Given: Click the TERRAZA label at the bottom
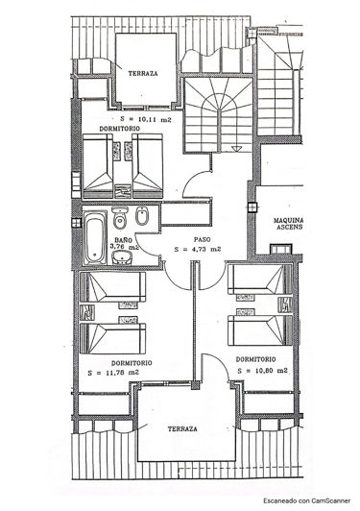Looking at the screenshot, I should [x=182, y=428].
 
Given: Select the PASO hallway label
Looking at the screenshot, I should [x=202, y=239].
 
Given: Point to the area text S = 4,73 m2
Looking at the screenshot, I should [x=198, y=249].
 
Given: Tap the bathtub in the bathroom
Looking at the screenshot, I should [x=94, y=238].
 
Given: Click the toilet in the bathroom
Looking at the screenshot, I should [x=120, y=219].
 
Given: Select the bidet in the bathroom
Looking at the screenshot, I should [x=141, y=219].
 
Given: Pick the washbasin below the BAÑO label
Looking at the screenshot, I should [x=123, y=260].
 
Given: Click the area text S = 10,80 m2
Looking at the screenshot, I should [x=260, y=370].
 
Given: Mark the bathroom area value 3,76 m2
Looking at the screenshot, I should [x=125, y=247].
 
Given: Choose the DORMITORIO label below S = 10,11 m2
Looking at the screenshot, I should [x=121, y=129].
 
